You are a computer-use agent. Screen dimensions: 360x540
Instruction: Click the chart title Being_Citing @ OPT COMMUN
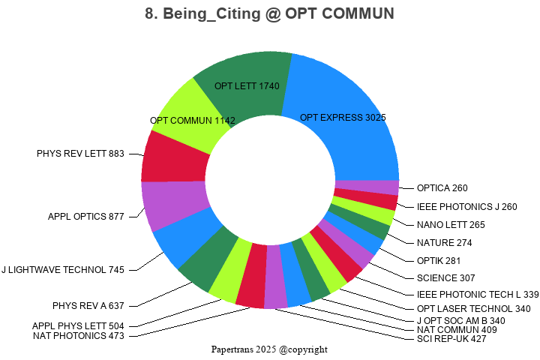tap(269, 13)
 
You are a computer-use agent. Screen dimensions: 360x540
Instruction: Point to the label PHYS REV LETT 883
tap(81, 154)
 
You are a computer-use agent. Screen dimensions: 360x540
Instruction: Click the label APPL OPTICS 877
tap(86, 217)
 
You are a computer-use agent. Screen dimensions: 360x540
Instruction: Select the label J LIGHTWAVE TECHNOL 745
tap(63, 269)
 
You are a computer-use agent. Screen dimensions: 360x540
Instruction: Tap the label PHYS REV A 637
tap(88, 305)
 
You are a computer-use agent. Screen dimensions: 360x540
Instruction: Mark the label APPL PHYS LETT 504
tap(79, 325)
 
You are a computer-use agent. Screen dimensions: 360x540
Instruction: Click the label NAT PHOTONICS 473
tap(79, 335)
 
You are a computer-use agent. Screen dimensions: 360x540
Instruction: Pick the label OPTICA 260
tap(442, 188)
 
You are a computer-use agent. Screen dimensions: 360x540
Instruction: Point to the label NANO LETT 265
tap(451, 224)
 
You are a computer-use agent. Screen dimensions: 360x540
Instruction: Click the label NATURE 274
tap(444, 242)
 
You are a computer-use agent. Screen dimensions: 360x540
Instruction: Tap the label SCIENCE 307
tap(446, 277)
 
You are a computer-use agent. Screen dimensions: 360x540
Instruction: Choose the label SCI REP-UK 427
tap(451, 338)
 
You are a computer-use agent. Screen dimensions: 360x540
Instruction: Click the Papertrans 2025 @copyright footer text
tap(269, 349)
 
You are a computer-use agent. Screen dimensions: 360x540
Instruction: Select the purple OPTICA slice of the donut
tap(367, 187)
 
